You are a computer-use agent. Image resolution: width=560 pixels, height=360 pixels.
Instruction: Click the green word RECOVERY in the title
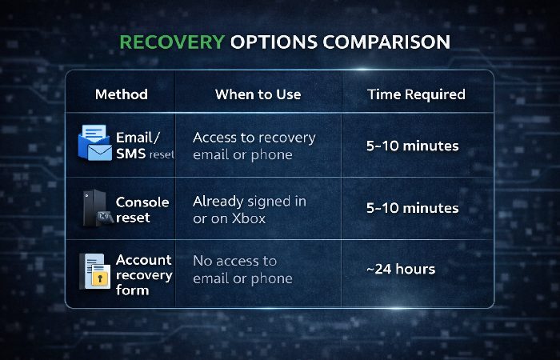pyautogui.click(x=170, y=41)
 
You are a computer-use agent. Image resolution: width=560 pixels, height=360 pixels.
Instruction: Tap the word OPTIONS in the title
pyautogui.click(x=268, y=41)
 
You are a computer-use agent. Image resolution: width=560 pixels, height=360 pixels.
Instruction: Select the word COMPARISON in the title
pyautogui.click(x=382, y=41)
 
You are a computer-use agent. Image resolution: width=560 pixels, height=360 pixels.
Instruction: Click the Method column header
pyautogui.click(x=121, y=94)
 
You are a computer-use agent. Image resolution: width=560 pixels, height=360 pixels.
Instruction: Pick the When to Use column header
pyautogui.click(x=258, y=94)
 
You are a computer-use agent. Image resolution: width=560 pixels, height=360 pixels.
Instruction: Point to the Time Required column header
pyautogui.click(x=416, y=94)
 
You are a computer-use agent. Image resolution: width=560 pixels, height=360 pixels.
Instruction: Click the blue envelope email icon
pyautogui.click(x=94, y=144)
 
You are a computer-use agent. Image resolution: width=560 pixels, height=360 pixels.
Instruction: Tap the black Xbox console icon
pyautogui.click(x=94, y=209)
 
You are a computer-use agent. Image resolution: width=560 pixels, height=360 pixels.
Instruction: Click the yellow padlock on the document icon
pyautogui.click(x=100, y=278)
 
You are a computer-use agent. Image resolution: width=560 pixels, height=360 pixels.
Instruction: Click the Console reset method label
pyautogui.click(x=142, y=210)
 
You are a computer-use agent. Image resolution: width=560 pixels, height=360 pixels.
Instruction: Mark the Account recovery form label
pyautogui.click(x=144, y=274)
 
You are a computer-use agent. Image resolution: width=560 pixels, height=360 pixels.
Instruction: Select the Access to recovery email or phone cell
pyautogui.click(x=254, y=146)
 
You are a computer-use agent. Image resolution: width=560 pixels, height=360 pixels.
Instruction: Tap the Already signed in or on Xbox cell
pyautogui.click(x=249, y=210)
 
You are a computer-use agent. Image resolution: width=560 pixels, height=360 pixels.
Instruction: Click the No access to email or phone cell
pyautogui.click(x=242, y=270)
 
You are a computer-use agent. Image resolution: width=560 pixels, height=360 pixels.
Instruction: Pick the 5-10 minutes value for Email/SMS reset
pyautogui.click(x=412, y=146)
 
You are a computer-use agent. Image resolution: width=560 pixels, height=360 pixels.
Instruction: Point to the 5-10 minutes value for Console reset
pyautogui.click(x=412, y=208)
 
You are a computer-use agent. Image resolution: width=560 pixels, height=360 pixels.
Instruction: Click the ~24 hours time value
pyautogui.click(x=401, y=269)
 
